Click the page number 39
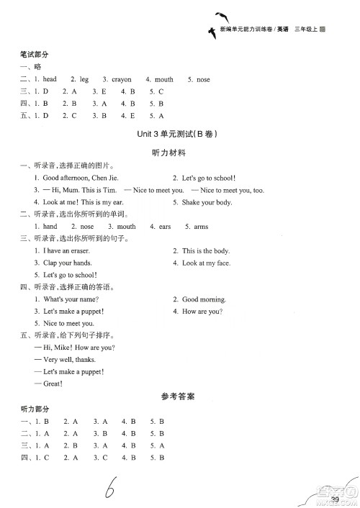pos(335,499)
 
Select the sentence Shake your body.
pos(207,202)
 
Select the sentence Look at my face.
pos(206,263)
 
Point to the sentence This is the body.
pos(206,250)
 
